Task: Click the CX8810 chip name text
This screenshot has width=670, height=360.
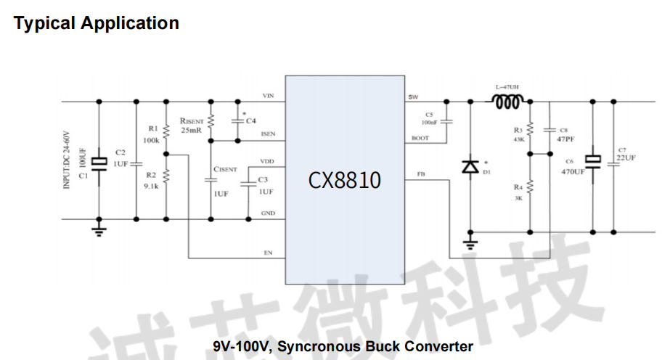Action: point(344,180)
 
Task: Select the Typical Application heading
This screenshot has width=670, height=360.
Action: point(97,23)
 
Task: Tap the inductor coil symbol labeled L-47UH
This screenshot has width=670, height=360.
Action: point(507,102)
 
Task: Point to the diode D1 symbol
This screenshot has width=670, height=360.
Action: point(470,166)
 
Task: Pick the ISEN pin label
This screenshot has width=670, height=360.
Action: point(268,134)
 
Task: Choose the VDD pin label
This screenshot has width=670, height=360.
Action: point(267,160)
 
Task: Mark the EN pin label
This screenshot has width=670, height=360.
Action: point(269,253)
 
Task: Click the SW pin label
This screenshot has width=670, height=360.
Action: point(414,97)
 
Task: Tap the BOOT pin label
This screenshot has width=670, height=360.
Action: point(419,138)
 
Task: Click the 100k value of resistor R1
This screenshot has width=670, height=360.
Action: point(151,140)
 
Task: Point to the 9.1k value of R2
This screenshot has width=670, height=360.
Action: point(151,185)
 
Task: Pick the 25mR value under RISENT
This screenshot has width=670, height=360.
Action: point(191,131)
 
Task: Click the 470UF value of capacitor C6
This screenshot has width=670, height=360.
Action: point(573,172)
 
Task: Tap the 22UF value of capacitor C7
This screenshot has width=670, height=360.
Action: point(625,157)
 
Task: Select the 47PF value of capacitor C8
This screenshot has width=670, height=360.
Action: point(566,138)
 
